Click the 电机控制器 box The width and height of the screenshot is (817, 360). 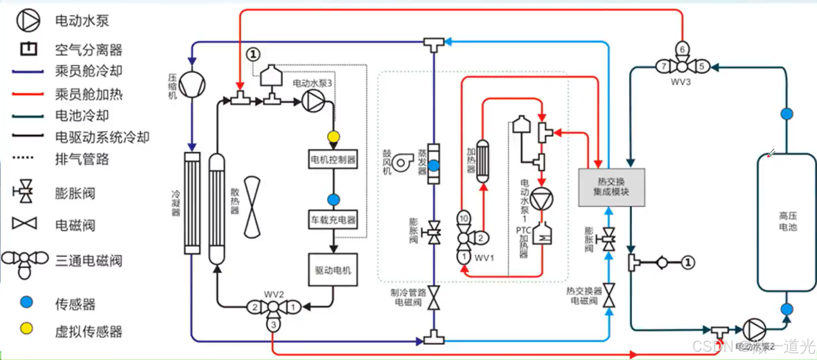333,159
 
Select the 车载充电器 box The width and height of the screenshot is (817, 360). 333,220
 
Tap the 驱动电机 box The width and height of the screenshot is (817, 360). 333,270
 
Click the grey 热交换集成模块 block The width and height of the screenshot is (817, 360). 611,187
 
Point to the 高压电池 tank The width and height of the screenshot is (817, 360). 787,222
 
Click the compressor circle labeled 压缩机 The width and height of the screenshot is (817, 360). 192,85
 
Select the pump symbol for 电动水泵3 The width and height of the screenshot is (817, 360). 313,101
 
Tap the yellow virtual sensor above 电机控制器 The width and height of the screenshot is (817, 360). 334,136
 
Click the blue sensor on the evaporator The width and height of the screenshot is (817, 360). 434,165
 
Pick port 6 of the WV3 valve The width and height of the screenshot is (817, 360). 682,49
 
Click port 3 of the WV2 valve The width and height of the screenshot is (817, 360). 274,325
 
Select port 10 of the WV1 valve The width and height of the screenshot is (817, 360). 464,218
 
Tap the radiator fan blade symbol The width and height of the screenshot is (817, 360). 252,207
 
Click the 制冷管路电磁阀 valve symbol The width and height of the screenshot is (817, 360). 434,298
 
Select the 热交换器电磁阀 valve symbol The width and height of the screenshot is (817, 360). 609,296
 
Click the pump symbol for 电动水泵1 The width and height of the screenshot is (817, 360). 541,199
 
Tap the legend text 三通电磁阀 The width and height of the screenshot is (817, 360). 89,261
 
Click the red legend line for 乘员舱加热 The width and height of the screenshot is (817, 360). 28,94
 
